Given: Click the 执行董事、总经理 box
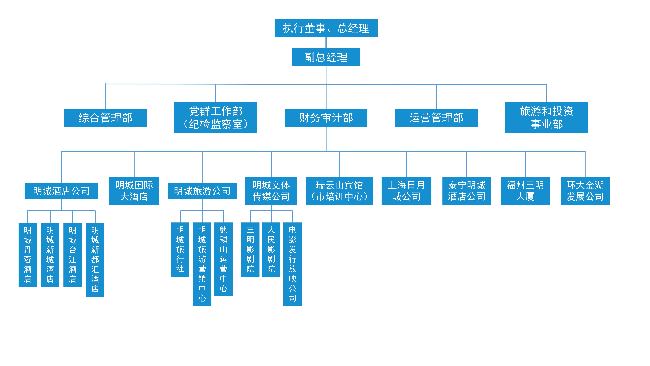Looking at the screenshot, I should point(326,28).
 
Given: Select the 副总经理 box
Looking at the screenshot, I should point(326,57).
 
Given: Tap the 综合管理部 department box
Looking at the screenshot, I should point(105,118).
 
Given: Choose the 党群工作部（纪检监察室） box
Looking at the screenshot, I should point(215,118).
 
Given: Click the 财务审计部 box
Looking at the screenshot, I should point(326,118).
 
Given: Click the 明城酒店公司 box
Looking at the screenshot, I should point(61,191).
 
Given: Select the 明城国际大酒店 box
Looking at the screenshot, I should point(134,191).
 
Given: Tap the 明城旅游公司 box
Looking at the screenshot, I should point(202,191).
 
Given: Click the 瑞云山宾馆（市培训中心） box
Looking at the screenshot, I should point(339,191).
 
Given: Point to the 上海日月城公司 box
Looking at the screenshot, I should point(406,191).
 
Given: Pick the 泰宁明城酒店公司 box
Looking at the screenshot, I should point(467,191).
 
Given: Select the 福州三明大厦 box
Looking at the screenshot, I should point(525,191).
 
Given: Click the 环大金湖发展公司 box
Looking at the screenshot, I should point(585,191).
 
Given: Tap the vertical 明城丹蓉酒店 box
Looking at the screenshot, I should point(28,255).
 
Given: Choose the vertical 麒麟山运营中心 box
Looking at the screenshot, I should point(223,259).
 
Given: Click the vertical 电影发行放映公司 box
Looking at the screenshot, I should point(292,264).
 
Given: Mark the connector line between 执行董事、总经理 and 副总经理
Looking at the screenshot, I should point(326,43).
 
